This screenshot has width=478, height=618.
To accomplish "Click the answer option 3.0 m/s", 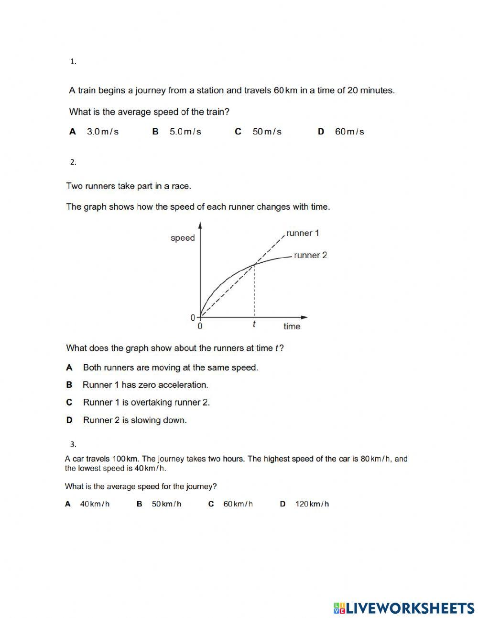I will point(102,132).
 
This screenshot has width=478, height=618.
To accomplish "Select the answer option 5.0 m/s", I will point(185,132).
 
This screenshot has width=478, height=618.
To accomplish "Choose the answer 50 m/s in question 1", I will point(267,132).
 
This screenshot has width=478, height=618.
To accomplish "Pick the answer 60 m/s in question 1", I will point(349,132).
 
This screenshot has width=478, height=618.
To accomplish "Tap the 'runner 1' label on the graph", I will point(303,233).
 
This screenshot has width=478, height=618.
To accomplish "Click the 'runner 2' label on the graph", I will point(310,255).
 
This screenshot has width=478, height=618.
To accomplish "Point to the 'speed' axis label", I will point(183,238).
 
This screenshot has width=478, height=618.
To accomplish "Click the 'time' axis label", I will point(292,326).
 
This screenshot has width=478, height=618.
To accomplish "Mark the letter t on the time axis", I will point(254,325).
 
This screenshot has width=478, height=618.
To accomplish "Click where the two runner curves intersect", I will point(254,264).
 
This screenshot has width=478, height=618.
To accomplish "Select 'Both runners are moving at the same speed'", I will point(170,368).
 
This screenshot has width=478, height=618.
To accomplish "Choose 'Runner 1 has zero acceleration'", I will point(145,385).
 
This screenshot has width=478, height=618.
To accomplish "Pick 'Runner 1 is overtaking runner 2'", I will point(146,403).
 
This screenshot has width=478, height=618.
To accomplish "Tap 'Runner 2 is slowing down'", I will point(135,420).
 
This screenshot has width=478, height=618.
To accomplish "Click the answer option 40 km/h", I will point(95,504).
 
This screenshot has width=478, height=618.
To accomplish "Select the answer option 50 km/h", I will point(166,504).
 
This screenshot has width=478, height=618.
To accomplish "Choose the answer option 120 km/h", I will point(312,504).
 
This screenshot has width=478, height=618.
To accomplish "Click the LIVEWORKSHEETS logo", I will point(404,608).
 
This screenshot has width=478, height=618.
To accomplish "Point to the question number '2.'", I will point(73,162).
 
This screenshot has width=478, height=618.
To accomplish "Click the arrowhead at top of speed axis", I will point(200,225).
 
